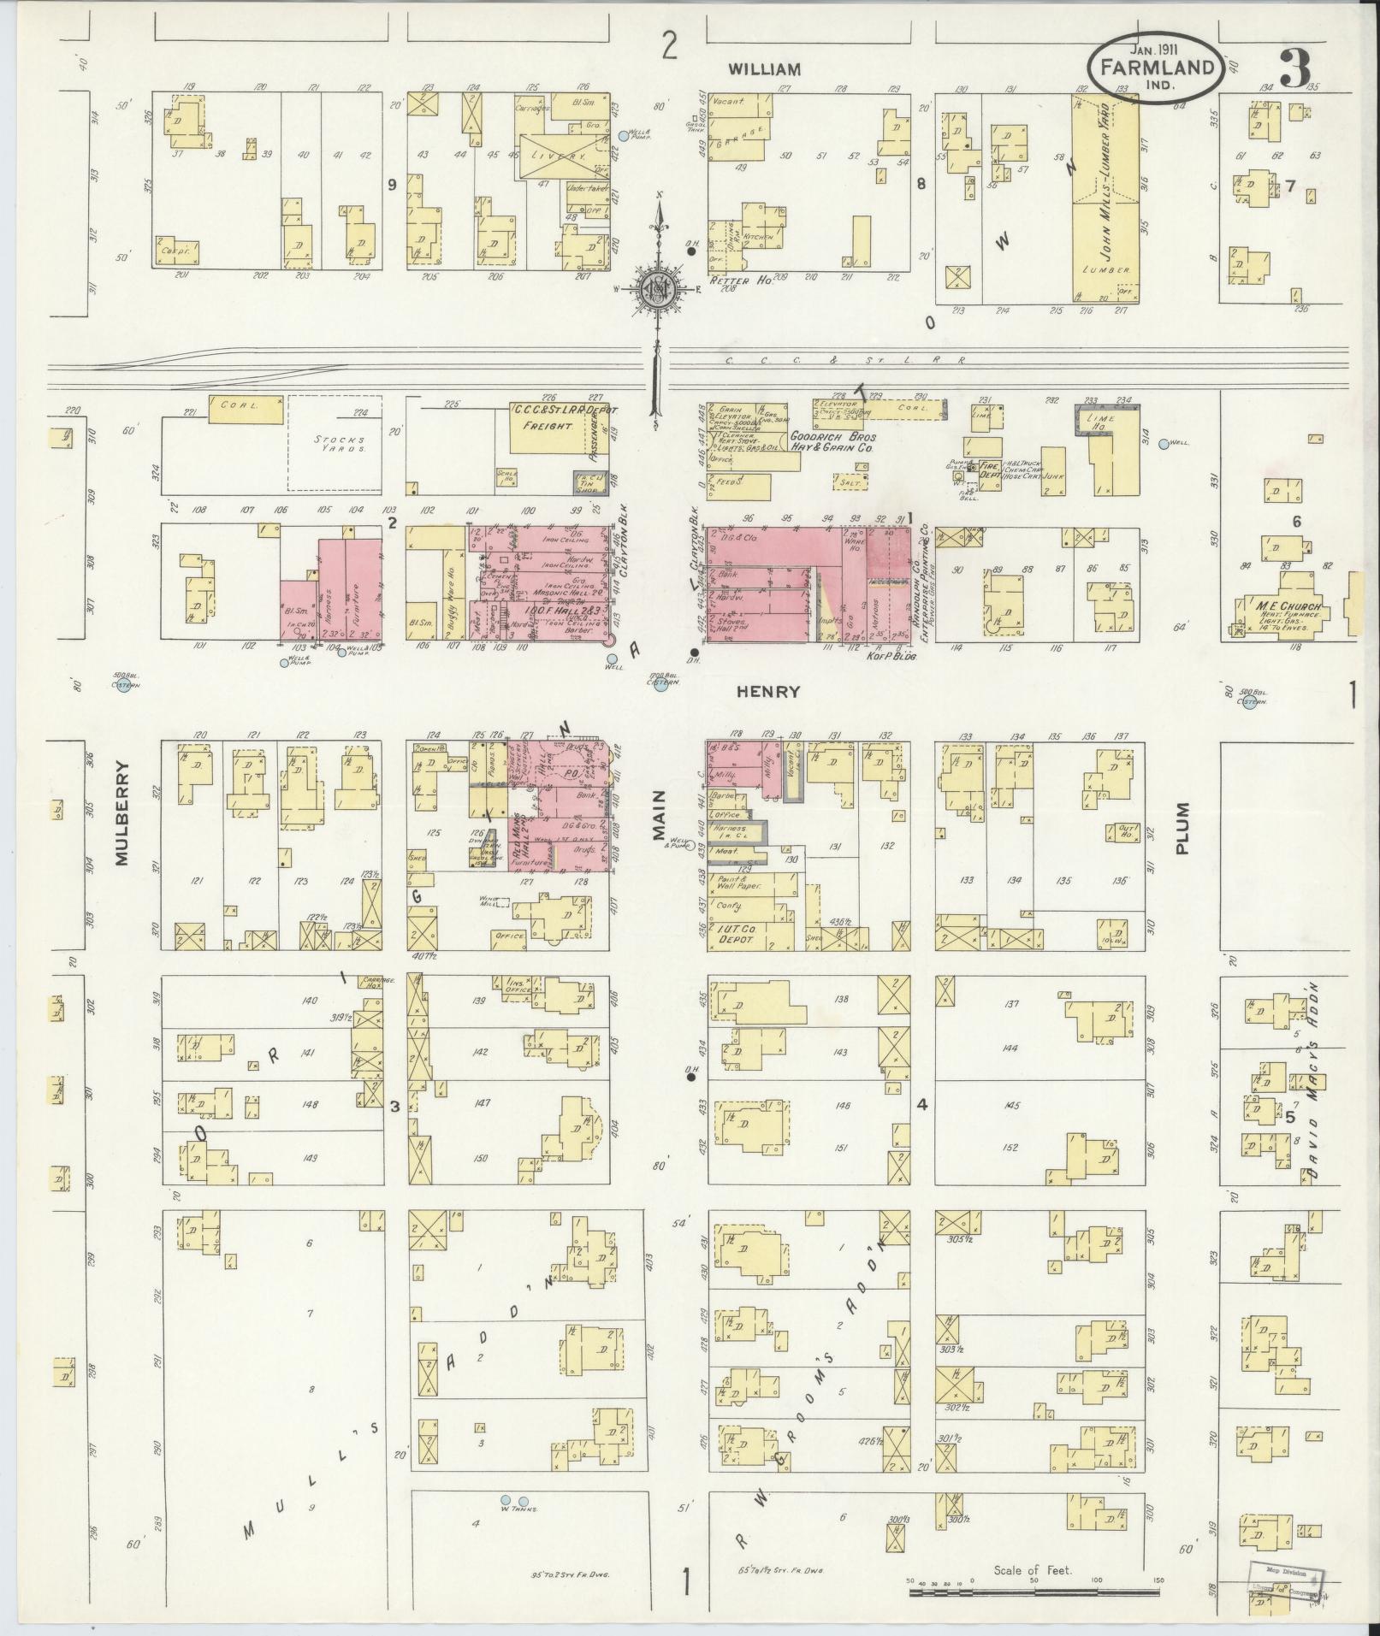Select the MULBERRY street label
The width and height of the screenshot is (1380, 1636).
[121, 813]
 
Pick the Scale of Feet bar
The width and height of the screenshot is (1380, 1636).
[1032, 1592]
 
